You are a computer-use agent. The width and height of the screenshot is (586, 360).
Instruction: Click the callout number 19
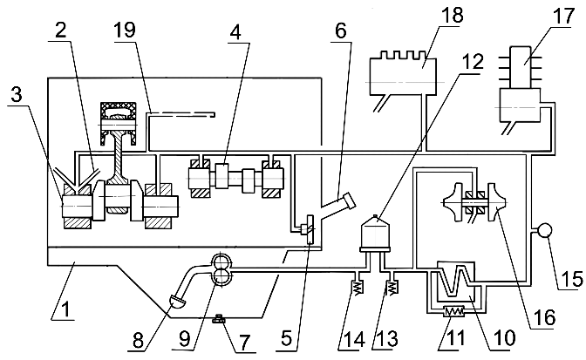click(x=125, y=30)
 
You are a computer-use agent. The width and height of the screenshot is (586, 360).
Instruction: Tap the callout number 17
click(x=564, y=16)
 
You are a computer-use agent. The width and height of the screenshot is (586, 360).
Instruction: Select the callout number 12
click(x=474, y=61)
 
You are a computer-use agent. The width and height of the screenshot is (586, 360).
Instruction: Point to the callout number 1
click(x=65, y=309)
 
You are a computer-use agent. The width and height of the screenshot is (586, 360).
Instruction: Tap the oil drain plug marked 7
click(x=218, y=319)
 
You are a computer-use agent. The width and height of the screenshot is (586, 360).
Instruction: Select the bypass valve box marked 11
click(x=453, y=311)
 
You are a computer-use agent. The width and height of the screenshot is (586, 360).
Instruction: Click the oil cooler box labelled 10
click(x=456, y=284)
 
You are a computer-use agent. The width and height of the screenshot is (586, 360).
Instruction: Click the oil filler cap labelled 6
click(x=345, y=201)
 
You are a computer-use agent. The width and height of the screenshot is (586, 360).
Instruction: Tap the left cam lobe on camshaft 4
click(x=221, y=175)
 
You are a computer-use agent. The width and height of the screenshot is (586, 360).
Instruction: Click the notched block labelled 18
click(x=403, y=75)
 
